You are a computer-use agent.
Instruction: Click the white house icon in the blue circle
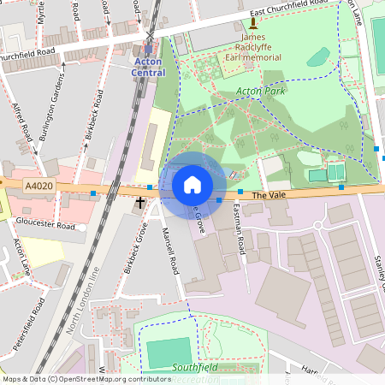click(192, 185)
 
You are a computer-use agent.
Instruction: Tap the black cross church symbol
click(140, 203)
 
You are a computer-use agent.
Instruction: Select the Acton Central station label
click(148, 68)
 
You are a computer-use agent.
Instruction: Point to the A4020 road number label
click(38, 186)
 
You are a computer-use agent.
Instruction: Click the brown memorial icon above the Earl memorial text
click(253, 26)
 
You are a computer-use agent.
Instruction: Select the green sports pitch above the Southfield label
click(169, 351)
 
